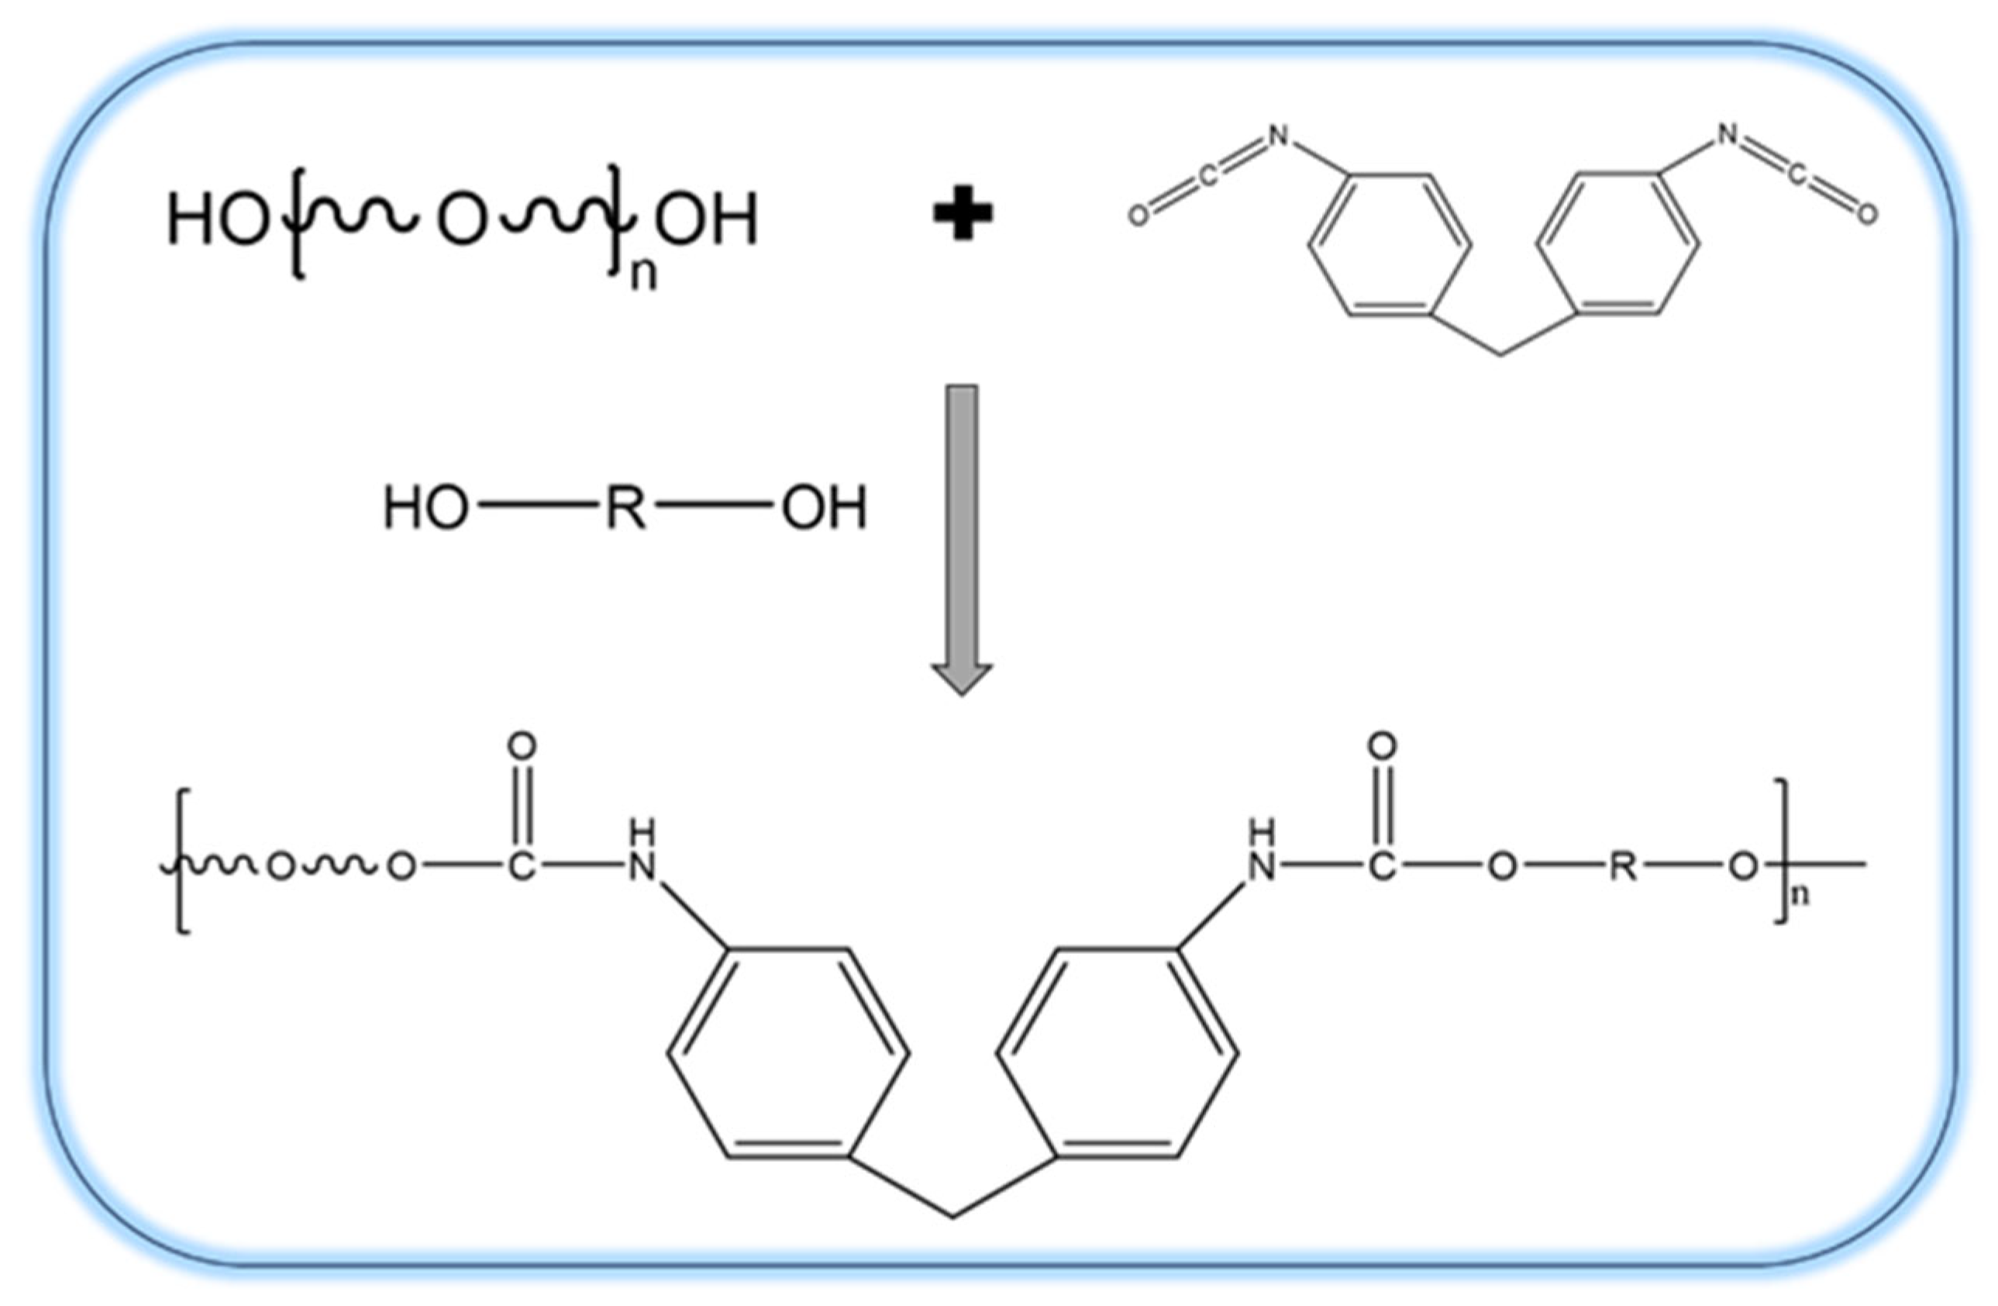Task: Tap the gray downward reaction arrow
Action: [x=962, y=537]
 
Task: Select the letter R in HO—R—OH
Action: [x=625, y=509]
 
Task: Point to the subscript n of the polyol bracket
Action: [x=643, y=275]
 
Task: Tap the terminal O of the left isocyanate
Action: [x=1138, y=216]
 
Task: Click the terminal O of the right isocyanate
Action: [x=1867, y=215]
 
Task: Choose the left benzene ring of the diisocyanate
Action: [x=1390, y=245]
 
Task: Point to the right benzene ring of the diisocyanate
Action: [x=1617, y=245]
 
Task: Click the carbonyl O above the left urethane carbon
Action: [x=522, y=746]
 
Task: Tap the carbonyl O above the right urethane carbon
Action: [x=1382, y=746]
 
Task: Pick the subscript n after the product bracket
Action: [x=1800, y=897]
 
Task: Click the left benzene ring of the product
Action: [x=788, y=1053]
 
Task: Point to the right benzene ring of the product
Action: [x=1117, y=1053]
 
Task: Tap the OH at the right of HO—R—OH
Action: [x=824, y=509]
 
